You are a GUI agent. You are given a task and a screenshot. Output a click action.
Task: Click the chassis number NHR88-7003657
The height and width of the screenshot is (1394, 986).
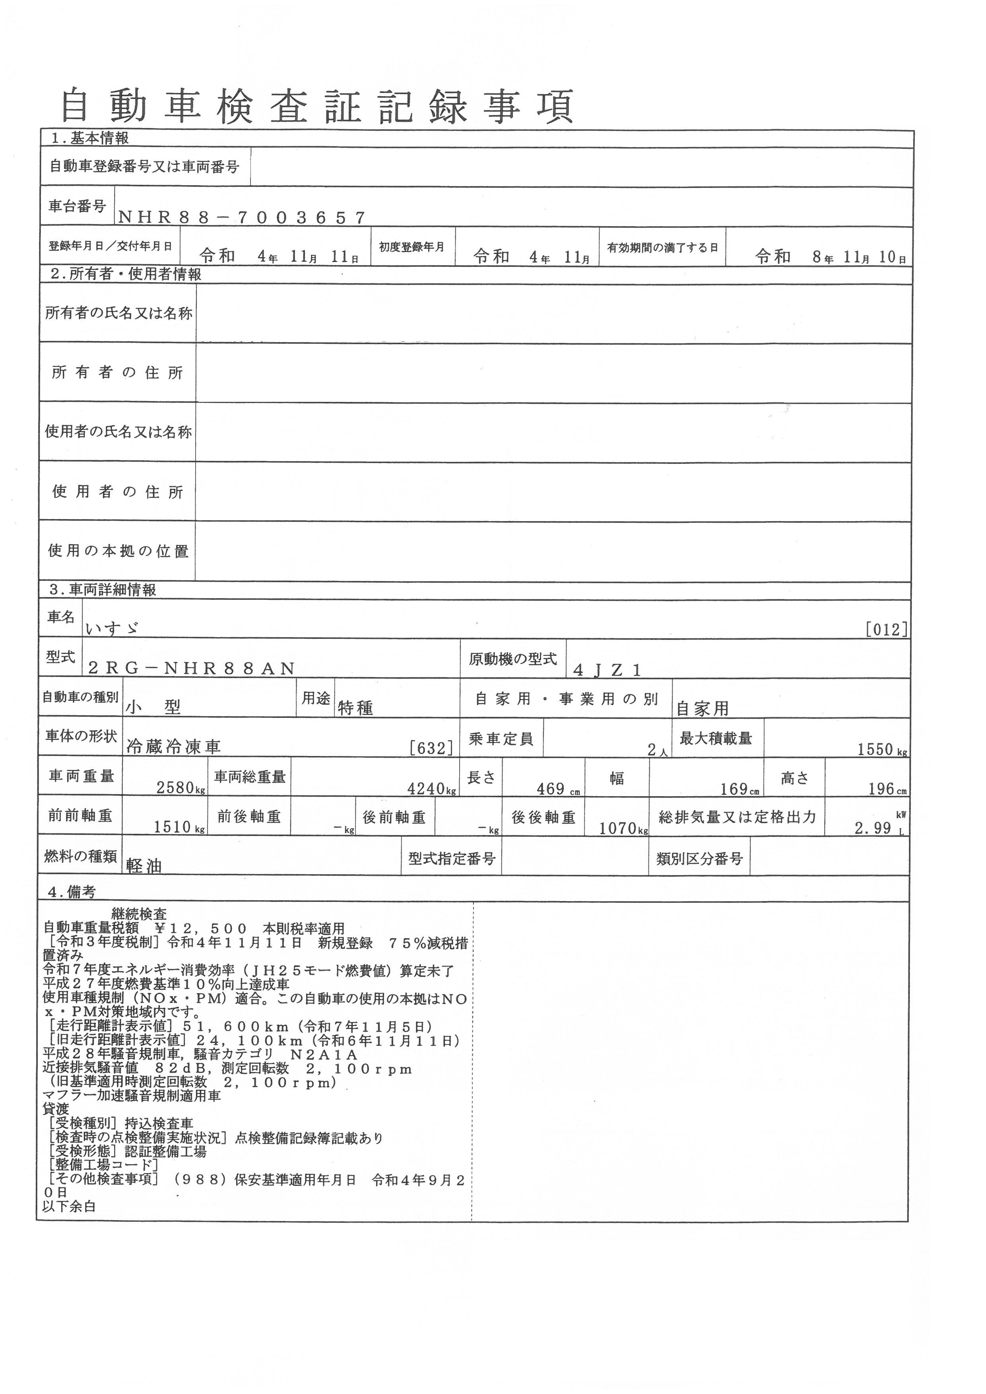(x=242, y=217)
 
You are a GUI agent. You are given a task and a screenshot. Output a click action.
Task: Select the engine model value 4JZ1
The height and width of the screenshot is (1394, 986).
(x=607, y=670)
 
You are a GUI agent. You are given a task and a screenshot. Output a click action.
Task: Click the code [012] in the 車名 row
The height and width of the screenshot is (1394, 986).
(x=887, y=629)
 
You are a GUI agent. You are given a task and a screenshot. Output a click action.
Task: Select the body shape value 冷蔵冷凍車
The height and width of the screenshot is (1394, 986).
(x=174, y=747)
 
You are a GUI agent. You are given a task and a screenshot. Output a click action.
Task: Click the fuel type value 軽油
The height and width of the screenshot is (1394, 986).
(x=144, y=866)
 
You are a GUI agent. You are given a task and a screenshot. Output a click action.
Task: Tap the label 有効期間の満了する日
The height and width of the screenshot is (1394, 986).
(x=662, y=248)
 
